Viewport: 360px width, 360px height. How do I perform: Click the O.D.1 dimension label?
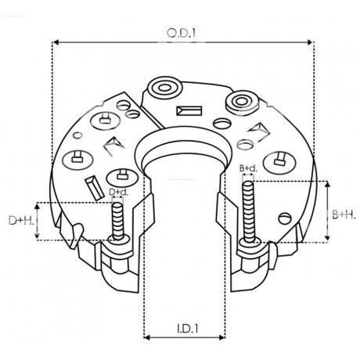(181, 33)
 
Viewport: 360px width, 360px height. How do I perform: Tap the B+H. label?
(344, 215)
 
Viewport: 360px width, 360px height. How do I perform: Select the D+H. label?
(21, 221)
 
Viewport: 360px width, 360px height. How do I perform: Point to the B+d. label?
(248, 168)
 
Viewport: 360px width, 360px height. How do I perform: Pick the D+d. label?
(119, 192)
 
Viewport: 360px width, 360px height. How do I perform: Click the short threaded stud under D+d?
(118, 221)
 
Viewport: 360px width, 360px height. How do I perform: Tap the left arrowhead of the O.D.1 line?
(56, 42)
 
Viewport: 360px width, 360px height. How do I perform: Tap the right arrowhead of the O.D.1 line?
(311, 42)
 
